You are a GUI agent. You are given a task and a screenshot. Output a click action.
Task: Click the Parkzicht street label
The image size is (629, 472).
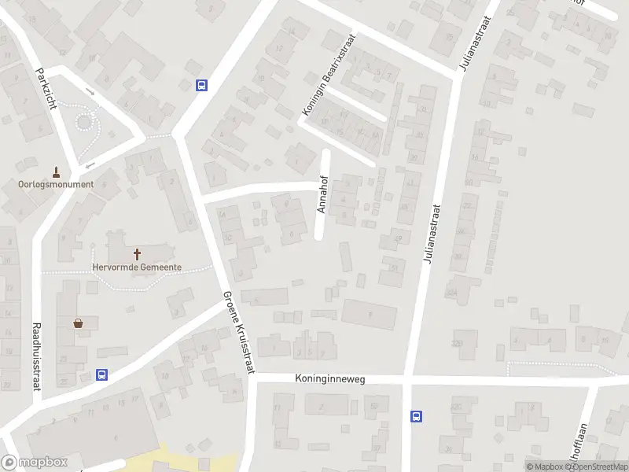tap(46, 88)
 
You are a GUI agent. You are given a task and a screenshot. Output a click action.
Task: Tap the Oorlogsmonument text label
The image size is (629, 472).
tap(56, 185)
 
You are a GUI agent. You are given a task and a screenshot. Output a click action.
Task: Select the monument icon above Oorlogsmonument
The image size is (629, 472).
tap(56, 171)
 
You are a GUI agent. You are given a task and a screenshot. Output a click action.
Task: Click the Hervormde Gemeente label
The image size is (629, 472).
tap(138, 267)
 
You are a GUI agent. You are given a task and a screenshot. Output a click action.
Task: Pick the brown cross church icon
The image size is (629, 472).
tap(138, 254)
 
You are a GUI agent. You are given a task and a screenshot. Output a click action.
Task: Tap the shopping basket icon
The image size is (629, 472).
tap(78, 323)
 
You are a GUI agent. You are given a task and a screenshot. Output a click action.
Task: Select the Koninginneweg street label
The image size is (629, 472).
tap(330, 379)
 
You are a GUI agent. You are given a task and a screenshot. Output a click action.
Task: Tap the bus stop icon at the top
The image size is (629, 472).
tap(202, 86)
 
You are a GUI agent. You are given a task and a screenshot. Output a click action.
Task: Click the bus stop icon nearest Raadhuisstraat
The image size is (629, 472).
tap(101, 374)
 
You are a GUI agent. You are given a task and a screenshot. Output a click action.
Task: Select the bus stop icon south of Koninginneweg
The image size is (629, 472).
tap(417, 417)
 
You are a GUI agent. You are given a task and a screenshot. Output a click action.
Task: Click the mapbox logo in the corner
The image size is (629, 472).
tap(35, 463)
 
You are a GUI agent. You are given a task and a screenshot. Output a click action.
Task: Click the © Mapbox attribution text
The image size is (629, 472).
tap(546, 466)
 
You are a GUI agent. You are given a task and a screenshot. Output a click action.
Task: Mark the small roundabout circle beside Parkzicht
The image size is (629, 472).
tap(84, 122)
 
